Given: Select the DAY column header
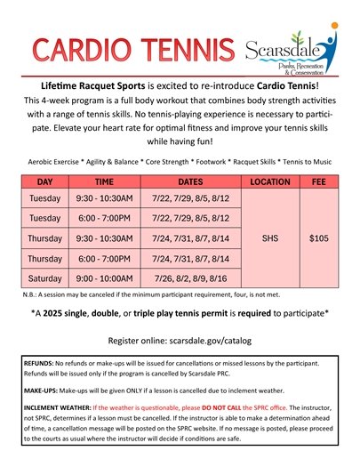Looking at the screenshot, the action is coord(44,181).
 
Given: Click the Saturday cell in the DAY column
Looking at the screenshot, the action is coord(44,278).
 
